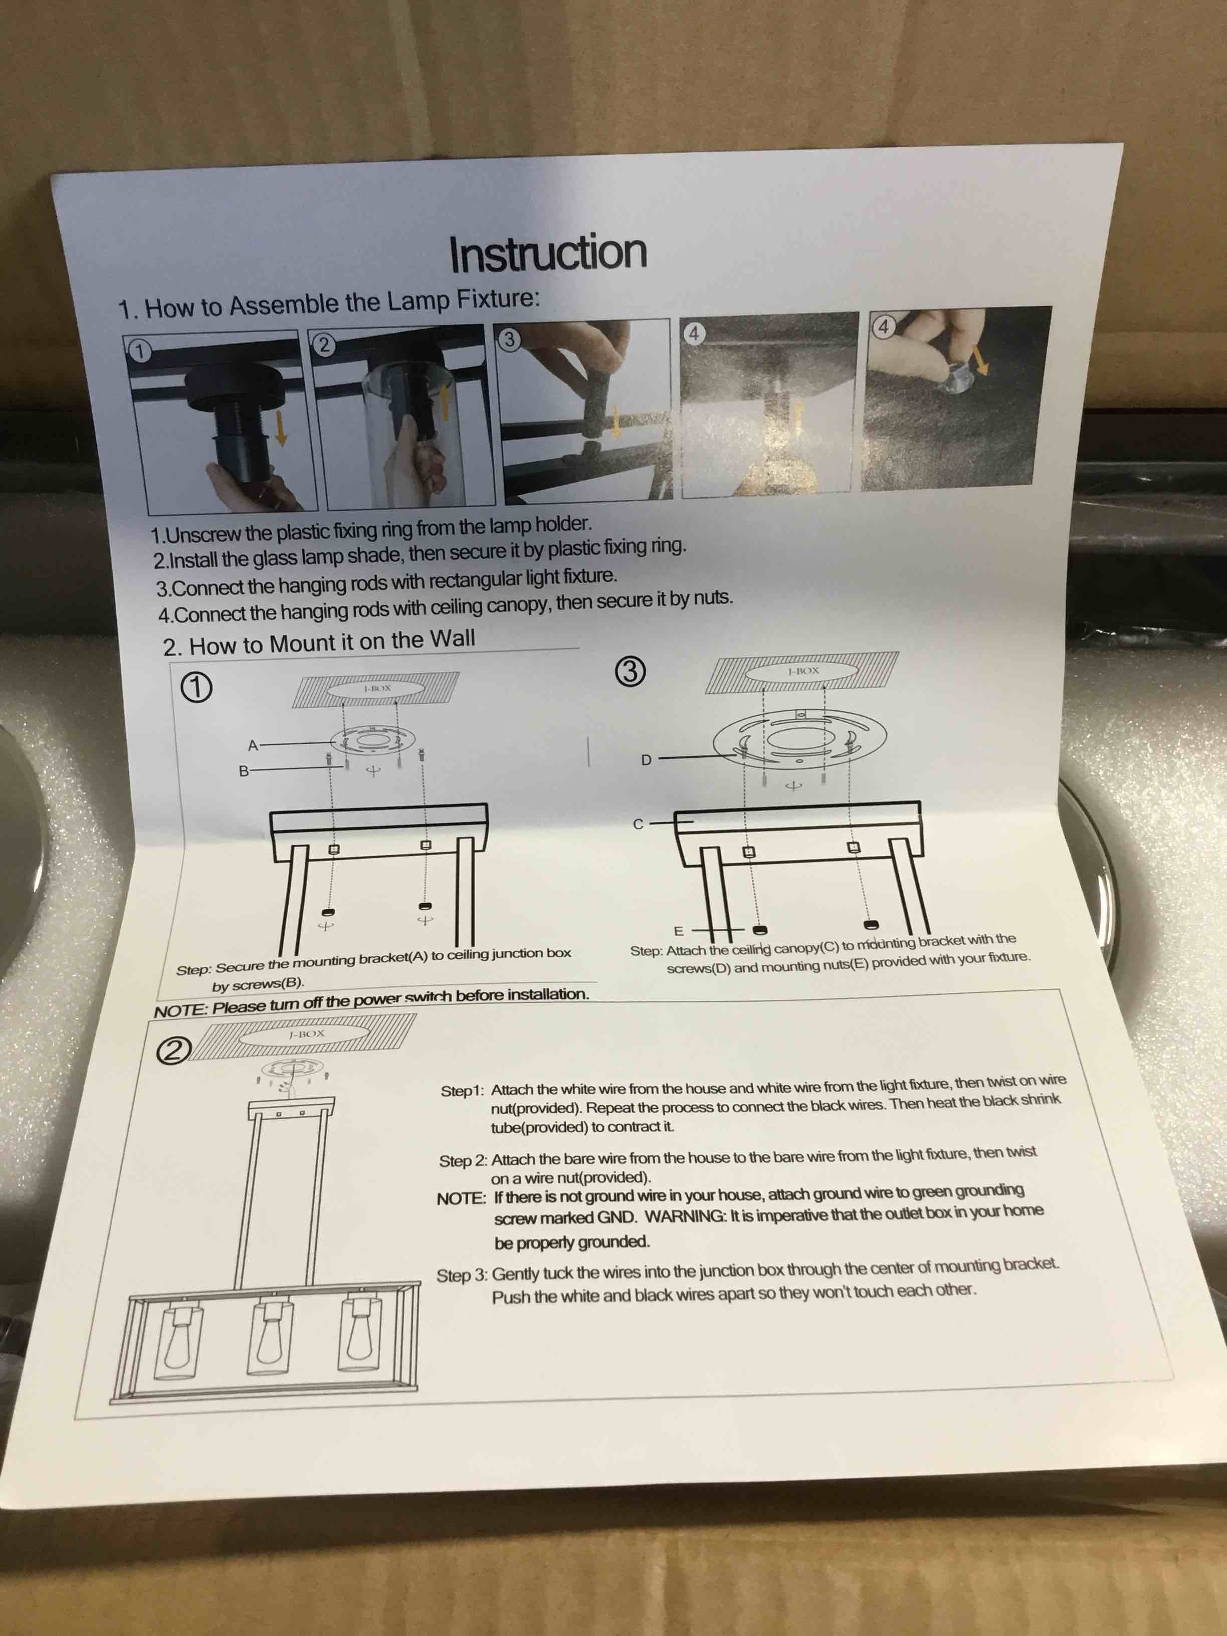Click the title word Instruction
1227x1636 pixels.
tap(548, 253)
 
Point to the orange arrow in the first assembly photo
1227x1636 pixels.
tap(280, 430)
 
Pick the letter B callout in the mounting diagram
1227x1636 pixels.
tap(243, 771)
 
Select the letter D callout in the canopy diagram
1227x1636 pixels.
tap(646, 759)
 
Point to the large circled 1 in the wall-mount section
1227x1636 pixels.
tap(196, 688)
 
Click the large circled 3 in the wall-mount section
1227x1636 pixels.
tap(630, 672)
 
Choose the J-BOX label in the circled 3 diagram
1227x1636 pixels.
tap(803, 671)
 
